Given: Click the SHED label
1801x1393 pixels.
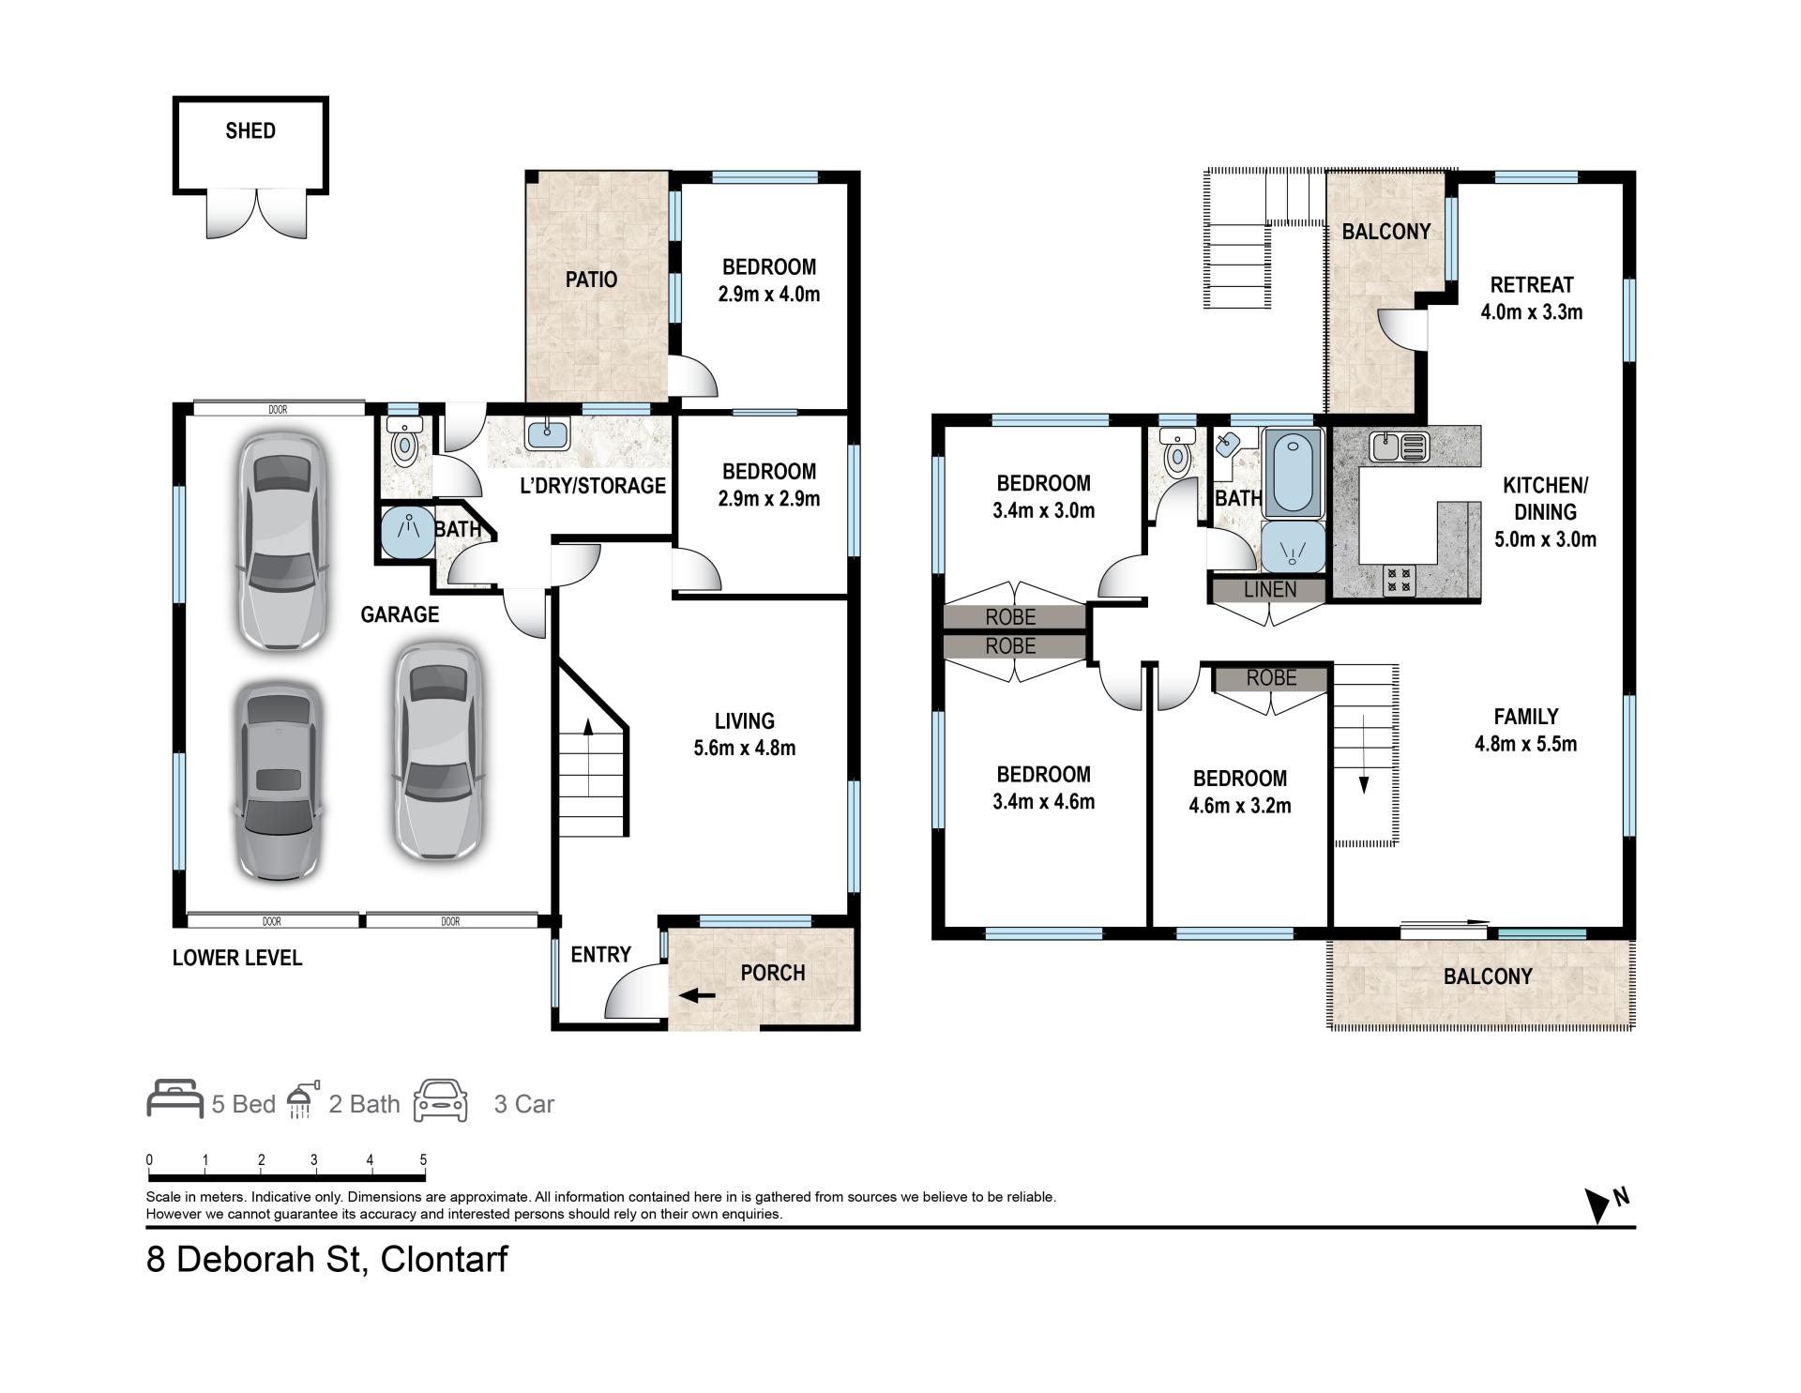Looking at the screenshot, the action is point(250,131).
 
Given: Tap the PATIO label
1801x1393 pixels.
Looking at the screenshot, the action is point(591,280).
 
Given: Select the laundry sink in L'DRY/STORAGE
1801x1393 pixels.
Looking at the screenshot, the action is point(542,434).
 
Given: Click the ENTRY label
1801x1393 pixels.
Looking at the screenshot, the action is point(600,955).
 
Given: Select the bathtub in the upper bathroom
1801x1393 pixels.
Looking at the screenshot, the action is point(1292,473).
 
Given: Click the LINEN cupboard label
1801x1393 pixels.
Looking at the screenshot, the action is point(1270,590).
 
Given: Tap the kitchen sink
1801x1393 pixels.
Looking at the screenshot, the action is point(1399,447).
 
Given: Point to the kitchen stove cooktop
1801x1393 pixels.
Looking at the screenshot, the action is point(1399,581).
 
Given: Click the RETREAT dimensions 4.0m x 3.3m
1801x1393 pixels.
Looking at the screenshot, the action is point(1532,312).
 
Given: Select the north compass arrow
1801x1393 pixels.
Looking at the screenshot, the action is point(1597,1205).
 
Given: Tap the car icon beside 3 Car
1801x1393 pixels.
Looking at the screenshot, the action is point(441,1101).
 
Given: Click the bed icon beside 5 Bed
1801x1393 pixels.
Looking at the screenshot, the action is point(175,1099).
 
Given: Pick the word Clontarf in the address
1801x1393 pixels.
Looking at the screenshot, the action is point(444,1259).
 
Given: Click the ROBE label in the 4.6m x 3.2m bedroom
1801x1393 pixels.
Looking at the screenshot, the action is point(1272,678).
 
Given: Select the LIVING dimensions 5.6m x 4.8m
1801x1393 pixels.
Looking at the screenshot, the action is point(745,749).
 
